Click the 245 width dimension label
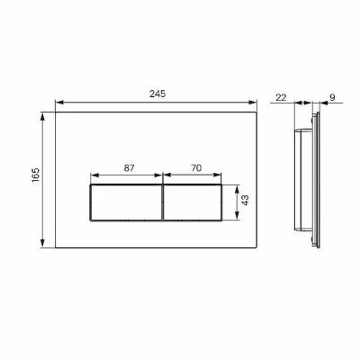pos(157,94)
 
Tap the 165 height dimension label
pos(35,175)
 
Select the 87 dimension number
pos(130,168)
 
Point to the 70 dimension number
pos(196,168)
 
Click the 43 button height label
pos(245,200)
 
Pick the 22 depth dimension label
pos(281,97)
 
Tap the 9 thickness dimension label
pos(332,97)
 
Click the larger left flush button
pos(126,202)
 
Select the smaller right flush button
pos(193,202)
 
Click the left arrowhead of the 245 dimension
pos(59,103)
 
